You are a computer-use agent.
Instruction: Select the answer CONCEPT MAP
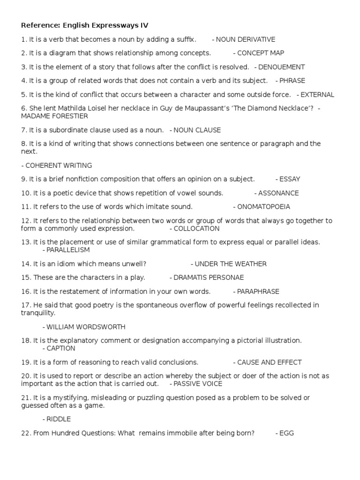(x=261, y=53)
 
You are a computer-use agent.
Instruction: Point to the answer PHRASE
(x=292, y=81)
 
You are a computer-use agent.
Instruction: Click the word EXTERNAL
(x=317, y=95)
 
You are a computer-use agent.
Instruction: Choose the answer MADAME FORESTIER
(x=54, y=116)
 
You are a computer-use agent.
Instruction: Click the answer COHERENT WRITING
(x=59, y=165)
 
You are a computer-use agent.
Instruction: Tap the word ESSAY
(x=290, y=179)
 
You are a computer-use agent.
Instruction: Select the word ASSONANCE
(x=278, y=193)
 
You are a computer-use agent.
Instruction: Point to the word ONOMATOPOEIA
(x=264, y=207)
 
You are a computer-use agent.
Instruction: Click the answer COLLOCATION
(x=196, y=229)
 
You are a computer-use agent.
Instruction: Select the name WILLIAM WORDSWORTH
(x=86, y=327)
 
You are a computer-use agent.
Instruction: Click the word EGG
(x=286, y=433)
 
